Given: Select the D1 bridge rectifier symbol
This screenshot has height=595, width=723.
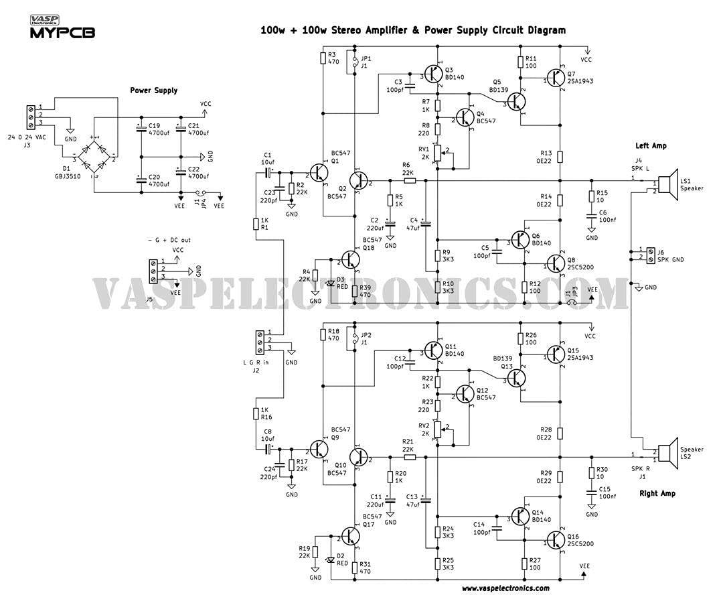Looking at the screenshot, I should coord(93,159).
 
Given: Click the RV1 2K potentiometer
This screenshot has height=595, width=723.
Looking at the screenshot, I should coord(437,152).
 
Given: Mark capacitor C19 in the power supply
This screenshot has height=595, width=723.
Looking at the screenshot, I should coord(141,129).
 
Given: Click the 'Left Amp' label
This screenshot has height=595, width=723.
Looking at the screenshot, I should coord(651,146).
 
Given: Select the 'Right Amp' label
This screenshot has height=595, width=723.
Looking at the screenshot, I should coord(657,493).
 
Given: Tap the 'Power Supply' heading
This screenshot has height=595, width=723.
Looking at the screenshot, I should coord(154,90).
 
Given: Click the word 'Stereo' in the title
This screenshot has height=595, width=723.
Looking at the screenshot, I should coord(349,30).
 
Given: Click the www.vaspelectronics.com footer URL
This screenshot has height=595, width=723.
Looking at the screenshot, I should coord(505,588).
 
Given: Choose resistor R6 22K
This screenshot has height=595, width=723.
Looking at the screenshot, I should coord(410,180).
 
